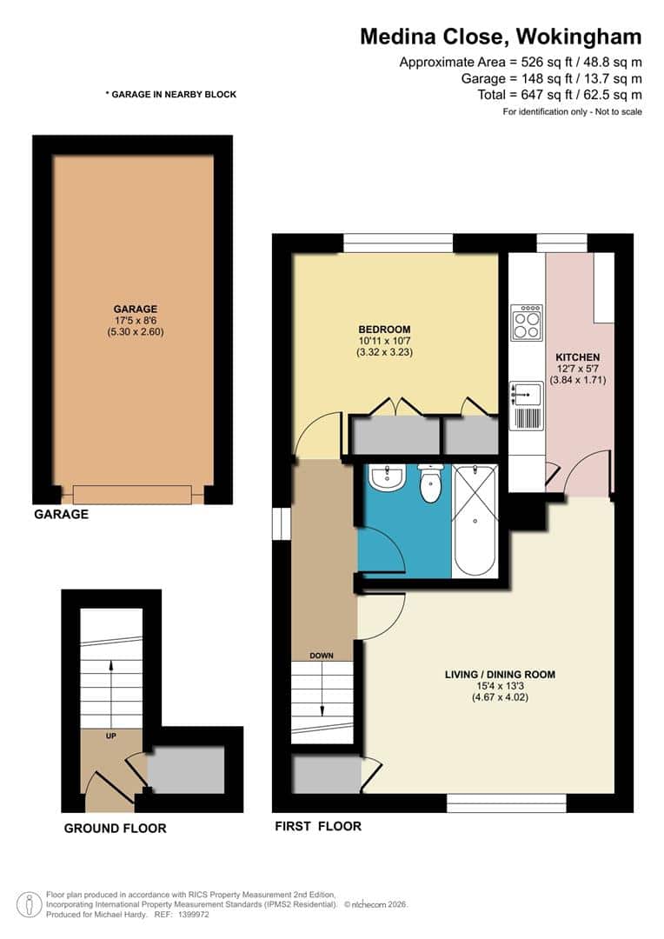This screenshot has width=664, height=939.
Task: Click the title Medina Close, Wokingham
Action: pos(501,37)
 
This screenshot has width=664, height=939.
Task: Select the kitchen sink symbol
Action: pos(527,394)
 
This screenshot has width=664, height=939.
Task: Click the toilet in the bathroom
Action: pos(430,485)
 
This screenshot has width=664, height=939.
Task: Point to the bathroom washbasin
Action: pos(383,477)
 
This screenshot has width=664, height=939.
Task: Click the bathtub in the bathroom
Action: pos(475,520)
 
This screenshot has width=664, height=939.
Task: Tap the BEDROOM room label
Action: pos(384,329)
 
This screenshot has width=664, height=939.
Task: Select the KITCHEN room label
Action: pos(578,357)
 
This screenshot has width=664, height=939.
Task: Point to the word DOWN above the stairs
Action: pos(322,656)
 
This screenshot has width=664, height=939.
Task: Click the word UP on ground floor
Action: pos(111,736)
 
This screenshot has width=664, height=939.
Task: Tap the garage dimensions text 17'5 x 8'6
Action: pos(135,320)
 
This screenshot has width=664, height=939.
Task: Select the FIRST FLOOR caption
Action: pos(317,826)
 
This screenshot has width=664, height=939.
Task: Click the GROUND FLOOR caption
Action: pos(115,829)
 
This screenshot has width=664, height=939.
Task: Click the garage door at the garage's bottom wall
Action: pos(132,495)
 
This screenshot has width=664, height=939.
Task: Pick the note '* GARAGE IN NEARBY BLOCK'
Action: pos(170,94)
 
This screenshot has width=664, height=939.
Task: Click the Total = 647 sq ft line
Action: pos(560,95)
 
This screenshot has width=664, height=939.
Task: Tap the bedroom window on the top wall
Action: pos(398,243)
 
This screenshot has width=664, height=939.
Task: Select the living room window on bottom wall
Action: pos(506,803)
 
